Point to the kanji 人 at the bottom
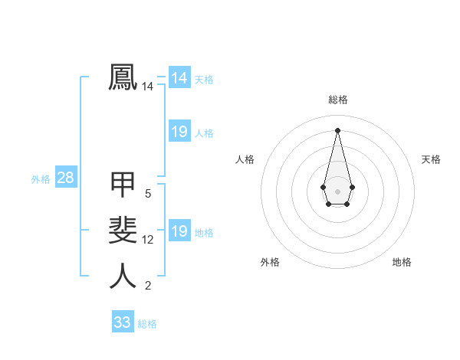[x=123, y=276]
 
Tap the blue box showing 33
[x=123, y=322]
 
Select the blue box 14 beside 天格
[x=179, y=78]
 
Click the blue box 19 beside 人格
[x=179, y=132]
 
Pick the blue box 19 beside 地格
[x=179, y=231]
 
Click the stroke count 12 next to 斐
[x=148, y=240]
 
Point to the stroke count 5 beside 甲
[x=148, y=194]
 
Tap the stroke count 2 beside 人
[x=148, y=286]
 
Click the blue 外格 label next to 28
[x=41, y=179]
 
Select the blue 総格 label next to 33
[x=147, y=324]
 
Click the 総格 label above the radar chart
[x=338, y=100]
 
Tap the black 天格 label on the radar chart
[x=431, y=159]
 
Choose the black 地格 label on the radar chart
[x=402, y=262]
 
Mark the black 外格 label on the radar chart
[x=270, y=262]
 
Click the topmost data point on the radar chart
[x=337, y=129]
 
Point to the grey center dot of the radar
[x=337, y=190]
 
